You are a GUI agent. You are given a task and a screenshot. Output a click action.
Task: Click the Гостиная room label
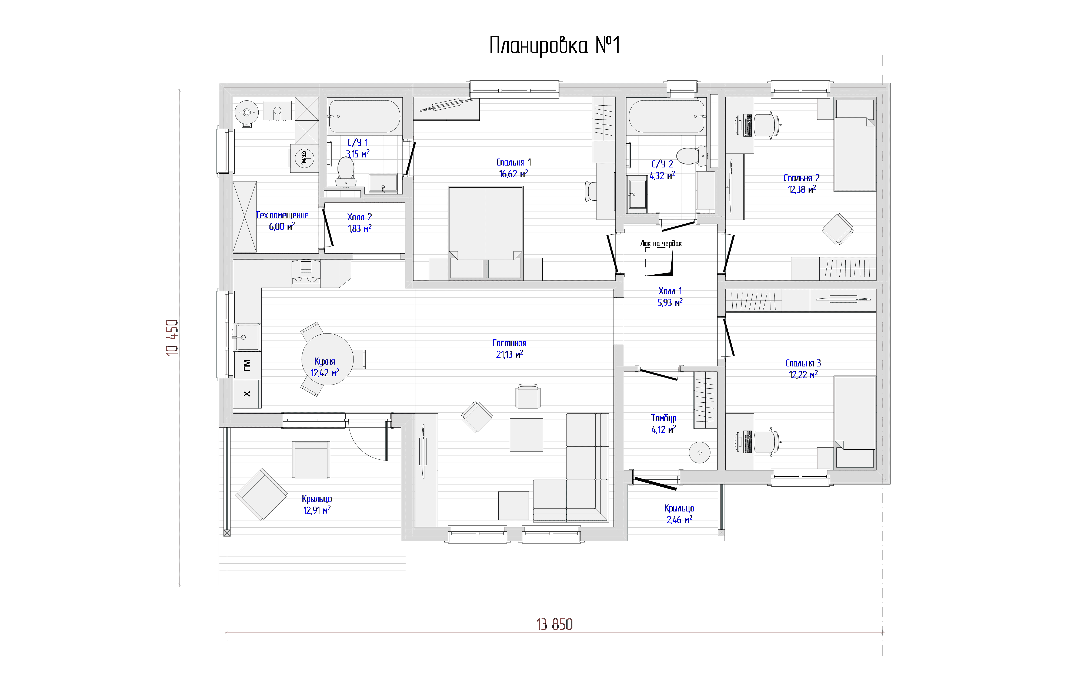(x=509, y=343)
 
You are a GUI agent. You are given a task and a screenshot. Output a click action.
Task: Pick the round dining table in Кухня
(x=327, y=359)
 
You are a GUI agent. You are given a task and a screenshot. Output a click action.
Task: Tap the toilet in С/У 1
(x=345, y=171)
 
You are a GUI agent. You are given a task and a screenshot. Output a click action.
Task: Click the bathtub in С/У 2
(x=667, y=116)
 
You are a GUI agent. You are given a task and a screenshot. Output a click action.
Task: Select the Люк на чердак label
(x=661, y=244)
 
